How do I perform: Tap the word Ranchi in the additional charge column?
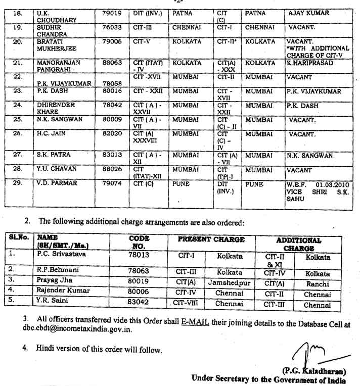pyautogui.click(x=318, y=284)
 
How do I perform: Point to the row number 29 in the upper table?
pyautogui.click(x=18, y=183)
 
